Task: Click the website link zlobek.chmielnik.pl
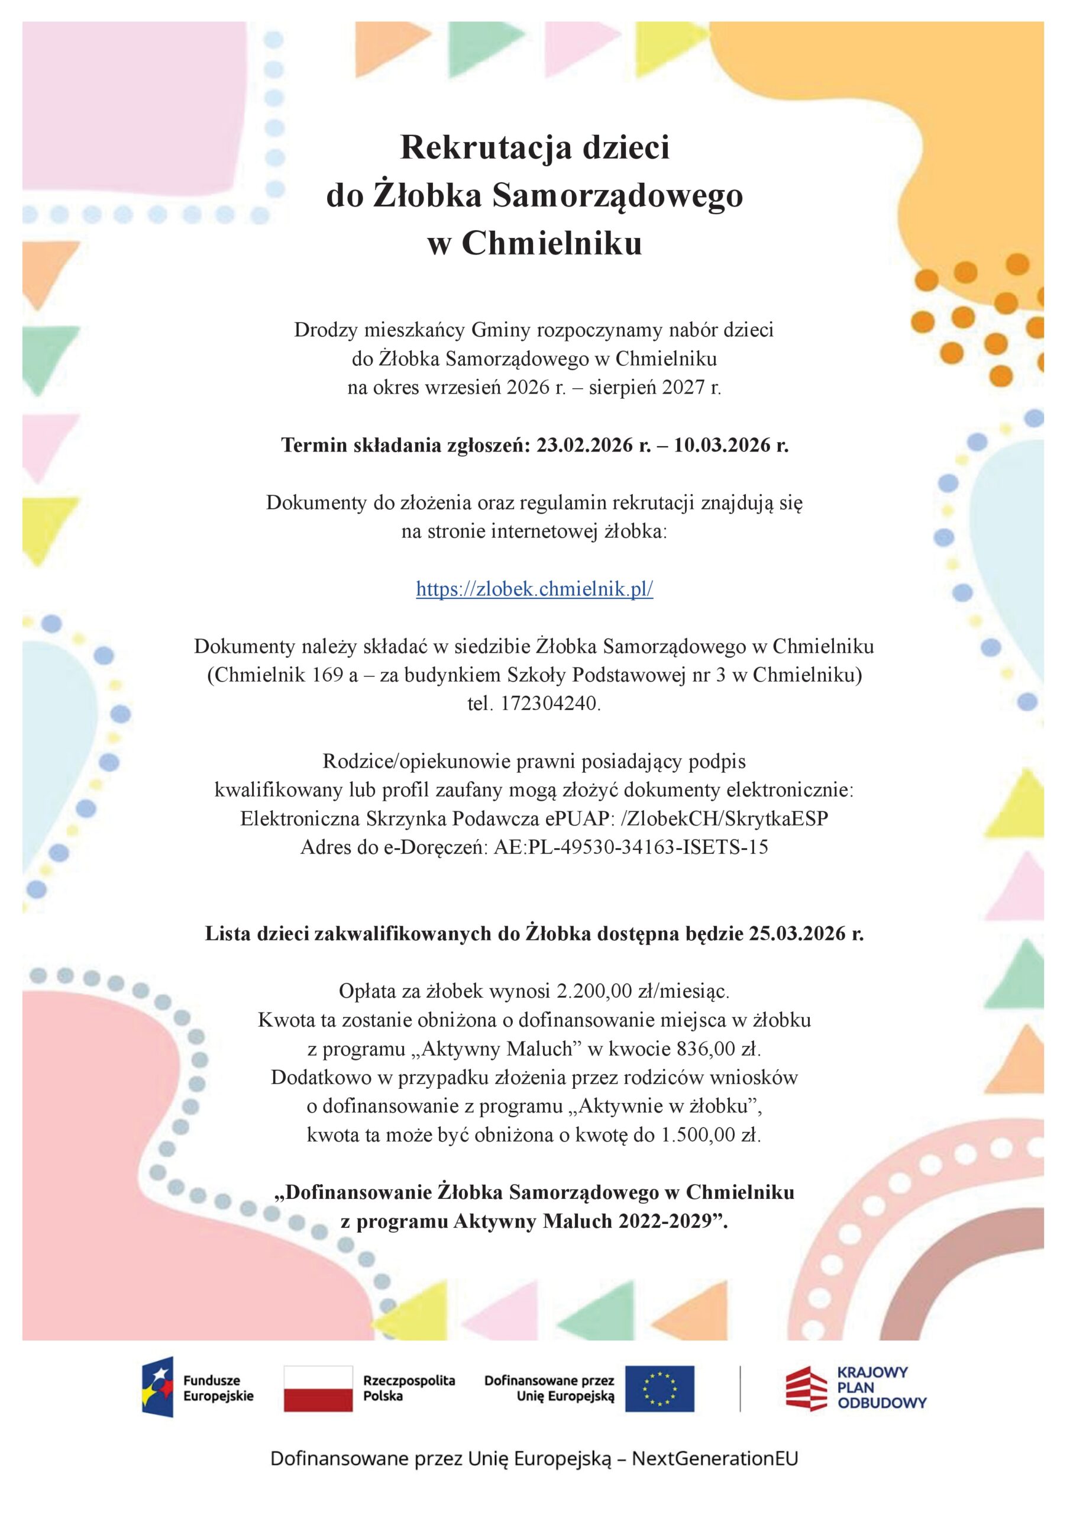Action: (x=534, y=589)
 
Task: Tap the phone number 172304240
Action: (x=550, y=704)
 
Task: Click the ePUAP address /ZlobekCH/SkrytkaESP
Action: (x=726, y=818)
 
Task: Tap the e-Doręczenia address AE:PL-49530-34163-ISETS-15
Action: (x=631, y=847)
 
